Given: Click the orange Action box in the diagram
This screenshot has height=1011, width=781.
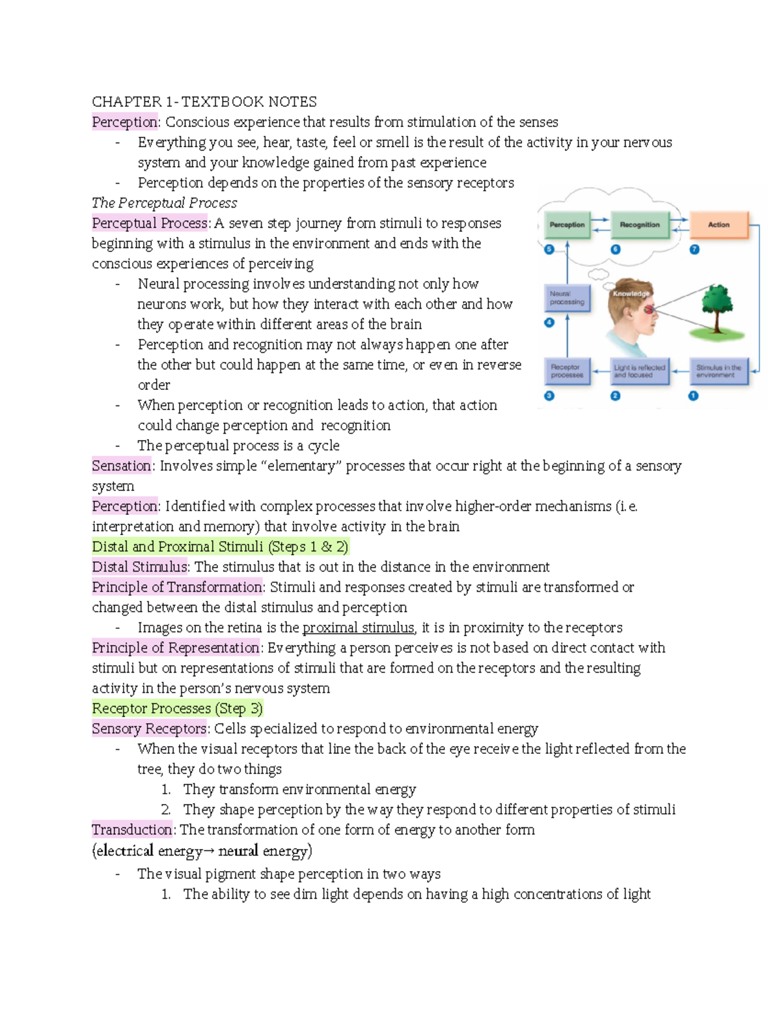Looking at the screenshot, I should (x=719, y=225).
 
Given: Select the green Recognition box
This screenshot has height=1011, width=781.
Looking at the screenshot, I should (x=639, y=225).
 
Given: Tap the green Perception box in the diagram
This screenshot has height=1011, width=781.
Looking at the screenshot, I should (x=567, y=225).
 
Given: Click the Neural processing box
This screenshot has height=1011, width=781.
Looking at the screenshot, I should (x=567, y=298).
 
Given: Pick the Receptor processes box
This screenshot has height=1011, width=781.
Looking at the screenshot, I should (x=567, y=371).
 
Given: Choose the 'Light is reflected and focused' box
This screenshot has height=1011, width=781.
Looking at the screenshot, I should (x=639, y=371).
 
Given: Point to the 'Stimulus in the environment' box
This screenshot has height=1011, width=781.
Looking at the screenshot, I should (x=719, y=371).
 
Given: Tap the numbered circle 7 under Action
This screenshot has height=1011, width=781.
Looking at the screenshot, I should (x=694, y=249).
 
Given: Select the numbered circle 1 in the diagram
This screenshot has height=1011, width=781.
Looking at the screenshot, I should (x=694, y=396).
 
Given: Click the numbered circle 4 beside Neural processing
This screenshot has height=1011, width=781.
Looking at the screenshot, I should (x=549, y=322).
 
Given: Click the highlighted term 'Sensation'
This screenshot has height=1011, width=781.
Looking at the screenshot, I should (x=122, y=466).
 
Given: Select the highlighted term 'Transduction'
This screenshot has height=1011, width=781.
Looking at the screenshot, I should (x=132, y=830).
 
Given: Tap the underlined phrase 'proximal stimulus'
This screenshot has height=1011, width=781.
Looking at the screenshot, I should (x=358, y=628).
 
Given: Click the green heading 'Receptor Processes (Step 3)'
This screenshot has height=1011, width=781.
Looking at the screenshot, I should (x=177, y=708).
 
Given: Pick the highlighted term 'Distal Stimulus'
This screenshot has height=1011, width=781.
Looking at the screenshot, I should (x=139, y=567).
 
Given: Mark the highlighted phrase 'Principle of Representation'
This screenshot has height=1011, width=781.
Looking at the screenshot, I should (x=176, y=648).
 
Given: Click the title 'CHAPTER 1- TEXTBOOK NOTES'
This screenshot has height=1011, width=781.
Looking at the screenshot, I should (x=204, y=102).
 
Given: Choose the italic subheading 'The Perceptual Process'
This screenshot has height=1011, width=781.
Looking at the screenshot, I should (x=164, y=203).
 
